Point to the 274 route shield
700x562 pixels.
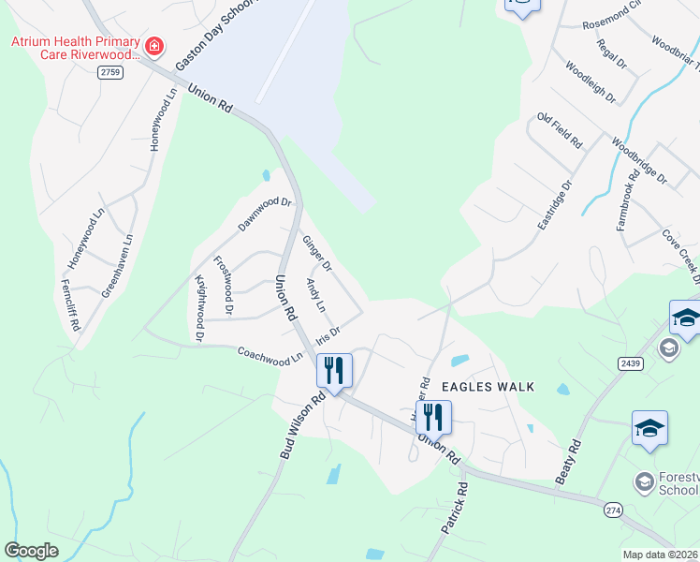click(x=613, y=508)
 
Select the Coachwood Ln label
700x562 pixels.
click(x=270, y=354)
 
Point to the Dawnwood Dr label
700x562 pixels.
click(x=265, y=214)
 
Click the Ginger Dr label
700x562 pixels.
click(x=317, y=254)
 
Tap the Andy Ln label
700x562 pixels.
click(x=316, y=295)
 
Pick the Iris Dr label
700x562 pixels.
click(x=327, y=334)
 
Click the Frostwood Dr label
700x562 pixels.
click(x=225, y=284)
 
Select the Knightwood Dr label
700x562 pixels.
click(x=199, y=306)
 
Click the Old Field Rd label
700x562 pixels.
click(x=560, y=131)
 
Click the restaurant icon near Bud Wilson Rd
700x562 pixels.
click(x=334, y=369)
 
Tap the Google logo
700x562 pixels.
click(x=31, y=551)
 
